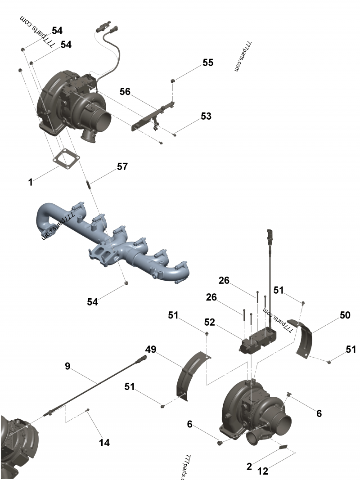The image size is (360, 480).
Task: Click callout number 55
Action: [x=207, y=63]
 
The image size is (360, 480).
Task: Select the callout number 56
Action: [x=125, y=91]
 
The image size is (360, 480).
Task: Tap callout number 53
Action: [x=206, y=116]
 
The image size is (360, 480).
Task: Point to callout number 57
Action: [x=122, y=166]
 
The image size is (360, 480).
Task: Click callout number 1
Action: [x=30, y=182]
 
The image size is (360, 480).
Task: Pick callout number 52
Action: [x=209, y=323]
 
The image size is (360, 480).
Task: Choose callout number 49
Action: [x=151, y=350]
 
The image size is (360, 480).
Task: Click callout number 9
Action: [x=67, y=367]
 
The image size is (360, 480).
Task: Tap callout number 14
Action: [x=104, y=443]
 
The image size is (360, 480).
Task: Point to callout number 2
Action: [x=249, y=467]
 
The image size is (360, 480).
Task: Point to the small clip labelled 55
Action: [x=172, y=81]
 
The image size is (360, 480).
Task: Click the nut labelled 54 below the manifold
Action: [x=126, y=283]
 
